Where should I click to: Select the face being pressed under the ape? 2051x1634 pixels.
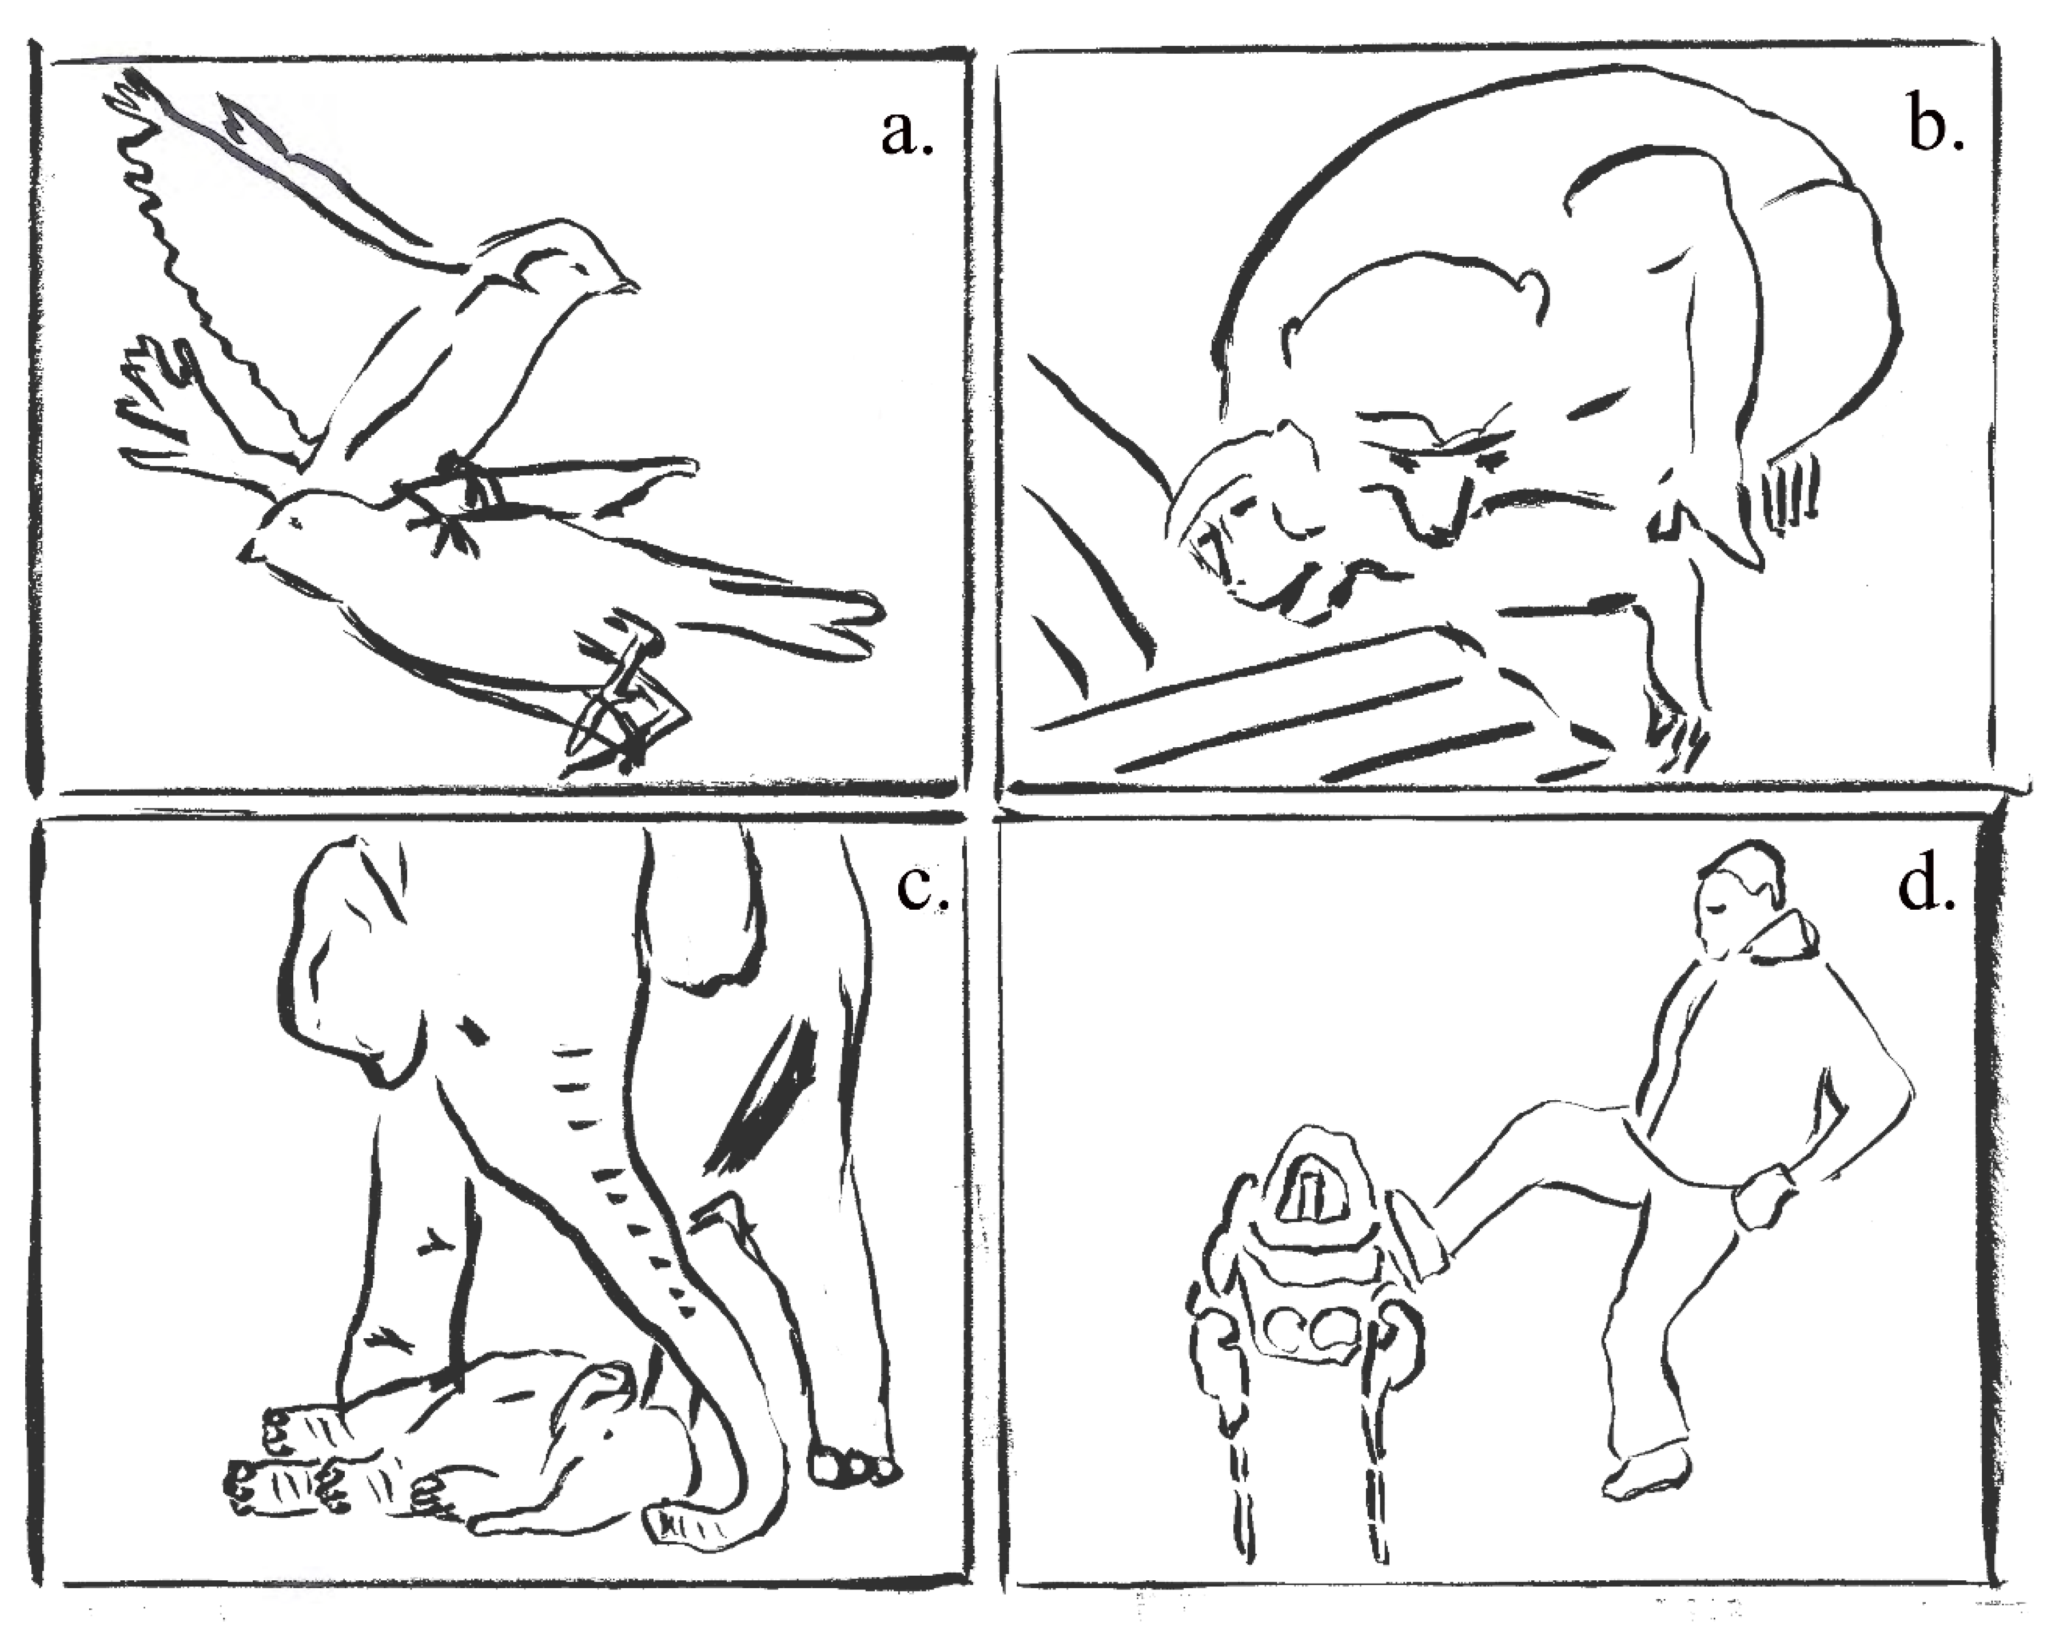tap(1237, 542)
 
